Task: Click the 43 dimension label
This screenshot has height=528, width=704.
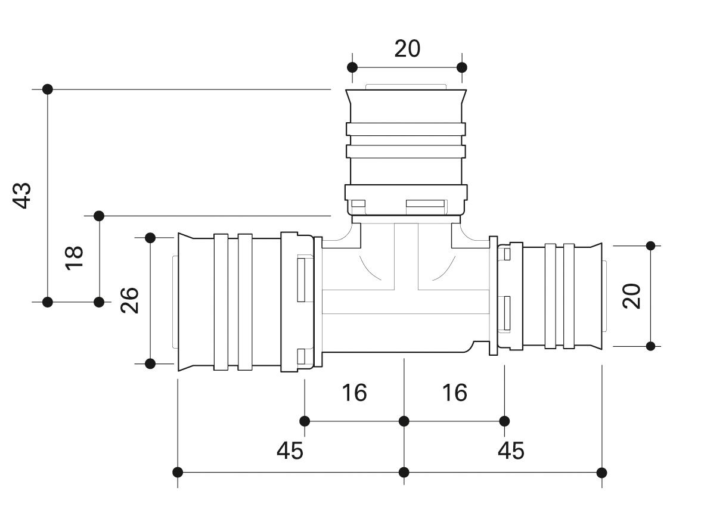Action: [x=22, y=195]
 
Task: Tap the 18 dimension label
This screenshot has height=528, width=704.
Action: [x=75, y=257]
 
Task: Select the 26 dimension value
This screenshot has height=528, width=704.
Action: [x=129, y=300]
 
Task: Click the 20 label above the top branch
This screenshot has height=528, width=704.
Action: [x=407, y=48]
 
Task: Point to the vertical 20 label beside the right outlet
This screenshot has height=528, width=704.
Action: [x=631, y=296]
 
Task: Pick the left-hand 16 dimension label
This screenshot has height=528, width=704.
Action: [x=354, y=393]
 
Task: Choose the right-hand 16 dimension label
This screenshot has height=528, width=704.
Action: [x=455, y=393]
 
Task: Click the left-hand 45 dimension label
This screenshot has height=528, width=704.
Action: [x=290, y=451]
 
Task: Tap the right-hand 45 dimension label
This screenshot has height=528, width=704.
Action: [x=511, y=451]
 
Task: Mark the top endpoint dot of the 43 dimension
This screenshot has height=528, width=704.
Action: [x=48, y=89]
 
